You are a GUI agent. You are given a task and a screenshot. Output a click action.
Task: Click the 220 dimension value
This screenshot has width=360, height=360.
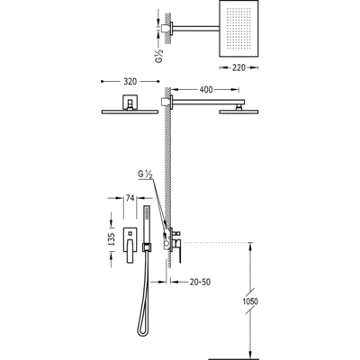[238, 67]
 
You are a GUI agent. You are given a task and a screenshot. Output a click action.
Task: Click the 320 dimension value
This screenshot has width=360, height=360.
[130, 82]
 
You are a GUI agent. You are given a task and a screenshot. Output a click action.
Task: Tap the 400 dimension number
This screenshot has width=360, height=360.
[206, 89]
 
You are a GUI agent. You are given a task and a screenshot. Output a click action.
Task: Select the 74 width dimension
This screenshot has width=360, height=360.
[130, 198]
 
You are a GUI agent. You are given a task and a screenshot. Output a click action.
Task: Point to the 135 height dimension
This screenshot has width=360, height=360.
[112, 239]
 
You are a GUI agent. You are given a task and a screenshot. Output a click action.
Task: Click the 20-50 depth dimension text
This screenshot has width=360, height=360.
[200, 282]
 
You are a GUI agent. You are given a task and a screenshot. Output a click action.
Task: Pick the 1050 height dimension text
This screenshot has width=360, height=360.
[250, 301]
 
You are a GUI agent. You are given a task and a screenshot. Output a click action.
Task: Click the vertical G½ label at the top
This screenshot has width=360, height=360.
[159, 56]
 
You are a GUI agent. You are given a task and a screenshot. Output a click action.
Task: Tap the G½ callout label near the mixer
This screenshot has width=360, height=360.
[146, 175]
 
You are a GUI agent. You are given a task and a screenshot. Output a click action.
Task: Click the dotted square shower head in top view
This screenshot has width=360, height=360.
[239, 29]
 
